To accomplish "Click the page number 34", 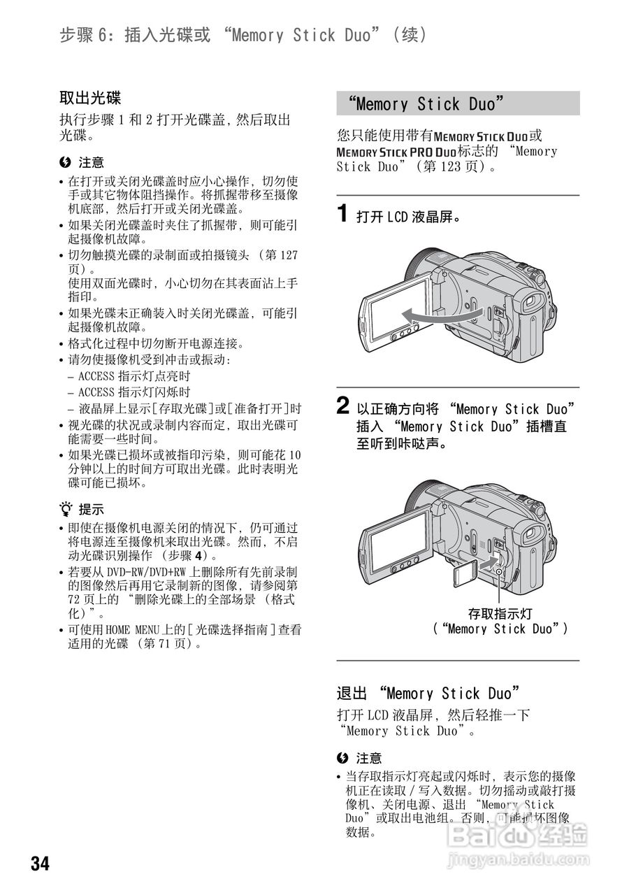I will coord(40,863).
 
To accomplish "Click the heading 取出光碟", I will coord(90,98).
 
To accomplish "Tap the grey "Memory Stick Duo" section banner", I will coord(458,104).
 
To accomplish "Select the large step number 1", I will coord(343,213).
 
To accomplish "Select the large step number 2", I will coord(343,406).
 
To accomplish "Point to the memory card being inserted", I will coord(463,574).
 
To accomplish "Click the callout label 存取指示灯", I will coord(500,613).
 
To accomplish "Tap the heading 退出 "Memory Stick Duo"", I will coord(428,694).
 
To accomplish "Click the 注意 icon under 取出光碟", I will coord(66,162).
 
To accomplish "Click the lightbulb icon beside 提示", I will coord(66,509).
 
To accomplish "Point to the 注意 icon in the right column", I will coord(342,758).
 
